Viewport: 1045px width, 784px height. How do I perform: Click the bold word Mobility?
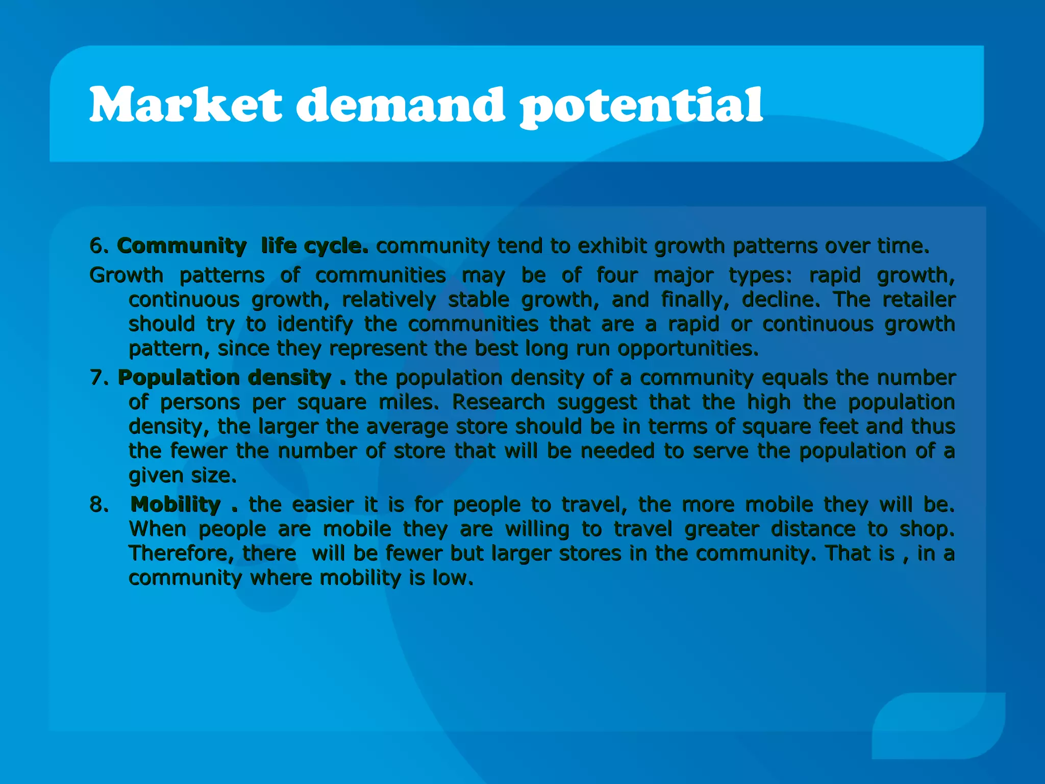pos(176,505)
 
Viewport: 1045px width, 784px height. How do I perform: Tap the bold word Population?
pos(179,378)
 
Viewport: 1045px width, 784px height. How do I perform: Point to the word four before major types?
pos(617,276)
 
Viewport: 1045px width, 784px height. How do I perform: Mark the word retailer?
pos(919,300)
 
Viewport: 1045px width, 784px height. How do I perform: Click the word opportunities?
pos(687,349)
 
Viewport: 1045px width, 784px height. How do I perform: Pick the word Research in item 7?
pos(499,402)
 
